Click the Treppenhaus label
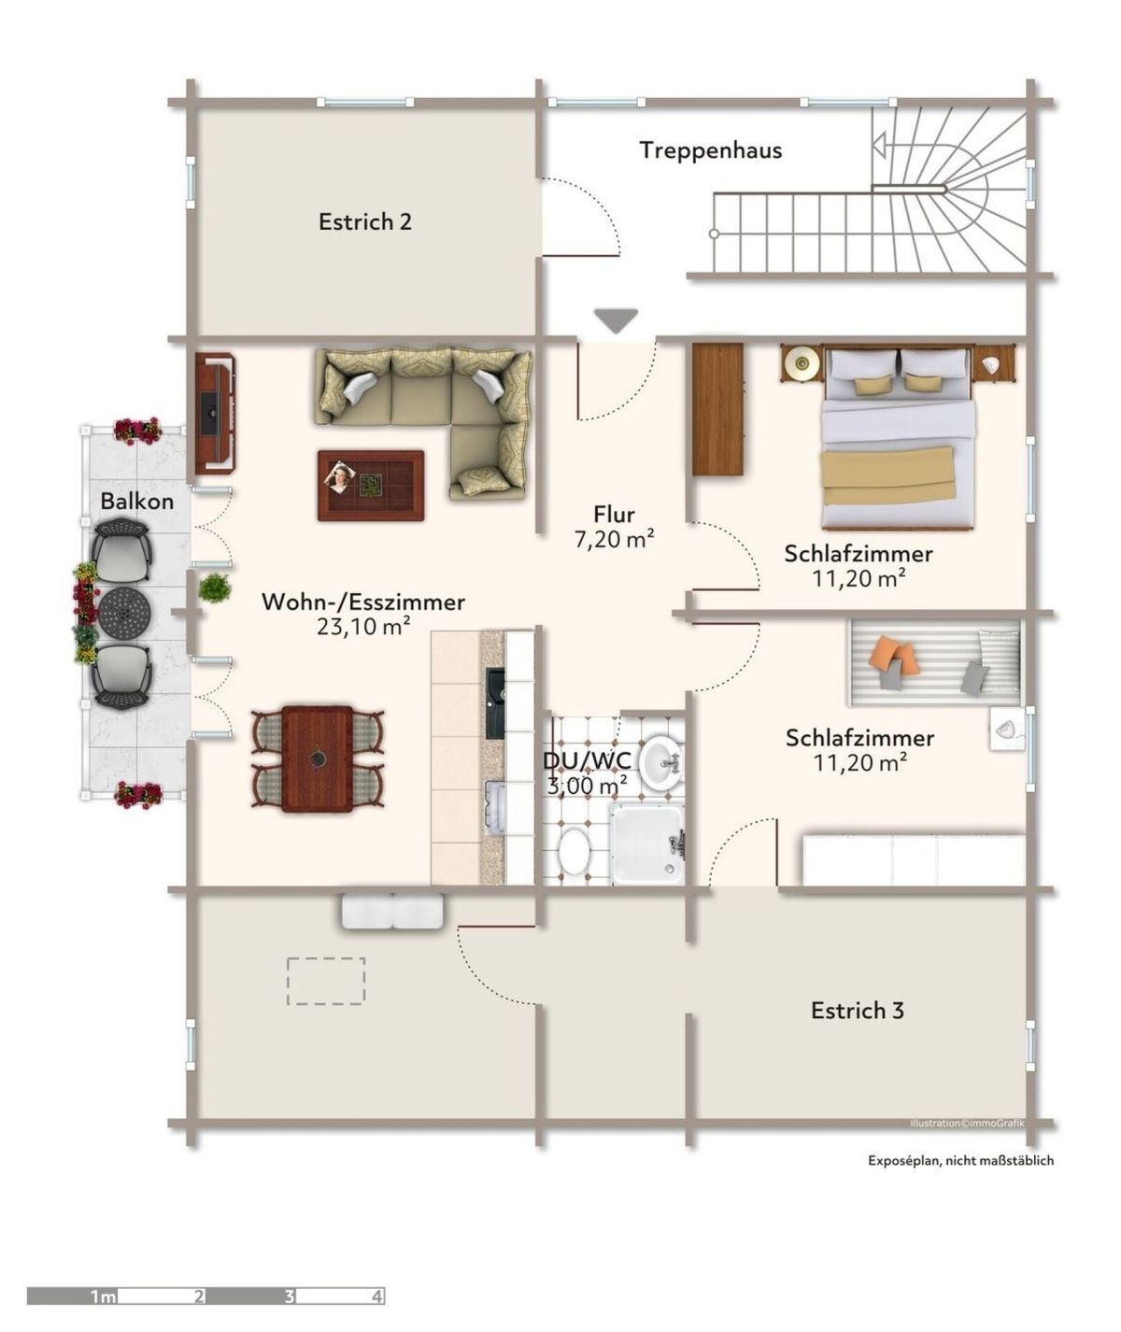tap(710, 150)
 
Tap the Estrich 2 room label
tap(364, 222)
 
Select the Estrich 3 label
tap(857, 1011)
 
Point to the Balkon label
tap(137, 502)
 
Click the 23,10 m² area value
tap(363, 627)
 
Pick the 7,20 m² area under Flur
tap(614, 539)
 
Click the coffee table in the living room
tap(370, 485)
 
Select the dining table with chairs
tap(318, 758)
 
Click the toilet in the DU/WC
tap(574, 852)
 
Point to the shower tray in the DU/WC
tap(646, 843)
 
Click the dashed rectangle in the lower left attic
tap(326, 981)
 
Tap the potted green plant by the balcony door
tap(215, 588)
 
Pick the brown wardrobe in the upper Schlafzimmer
tap(717, 409)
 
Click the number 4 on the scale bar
tap(376, 1297)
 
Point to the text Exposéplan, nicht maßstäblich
tap(960, 1160)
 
